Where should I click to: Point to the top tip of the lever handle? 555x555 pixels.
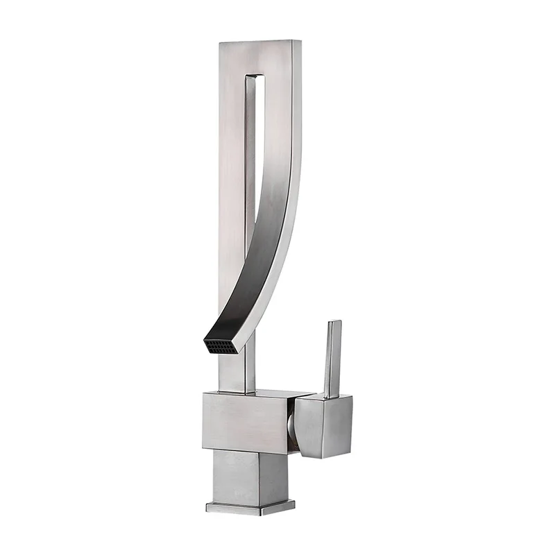[x=334, y=322]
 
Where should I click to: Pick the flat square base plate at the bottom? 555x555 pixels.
[x=250, y=506]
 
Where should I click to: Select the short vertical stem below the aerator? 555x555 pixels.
[x=236, y=371]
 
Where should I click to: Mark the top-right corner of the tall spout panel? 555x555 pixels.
[x=300, y=42]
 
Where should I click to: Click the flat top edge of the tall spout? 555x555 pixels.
[x=260, y=42]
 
